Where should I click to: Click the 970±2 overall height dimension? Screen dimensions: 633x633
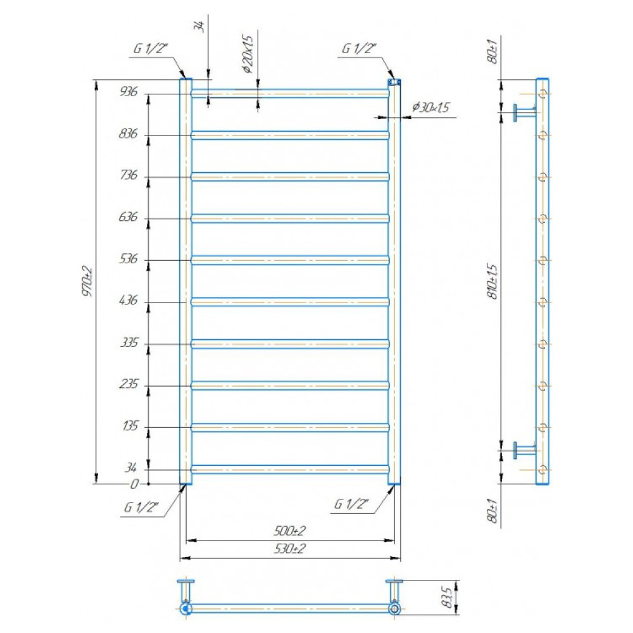click(x=87, y=282)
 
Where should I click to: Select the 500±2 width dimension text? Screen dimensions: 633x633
click(x=290, y=531)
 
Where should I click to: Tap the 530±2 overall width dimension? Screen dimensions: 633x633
click(x=290, y=549)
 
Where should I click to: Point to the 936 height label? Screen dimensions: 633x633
click(x=128, y=92)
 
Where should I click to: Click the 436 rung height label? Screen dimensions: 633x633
click(x=128, y=300)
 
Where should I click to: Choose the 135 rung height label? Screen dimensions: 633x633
click(x=130, y=426)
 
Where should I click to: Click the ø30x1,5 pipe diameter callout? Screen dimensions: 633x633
click(x=430, y=107)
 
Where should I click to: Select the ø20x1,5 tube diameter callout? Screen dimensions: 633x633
click(x=248, y=54)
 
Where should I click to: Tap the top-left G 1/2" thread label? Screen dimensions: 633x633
click(x=150, y=49)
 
